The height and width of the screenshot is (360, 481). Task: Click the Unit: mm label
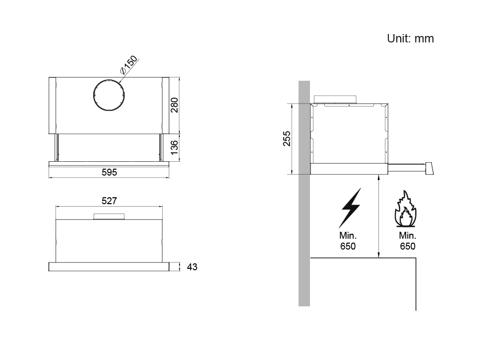(410, 38)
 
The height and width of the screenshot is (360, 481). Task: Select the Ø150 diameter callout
(129, 65)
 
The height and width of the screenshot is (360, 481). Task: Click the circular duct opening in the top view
(109, 95)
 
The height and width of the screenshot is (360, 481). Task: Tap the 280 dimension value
(174, 105)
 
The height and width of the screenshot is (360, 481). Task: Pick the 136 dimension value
(174, 147)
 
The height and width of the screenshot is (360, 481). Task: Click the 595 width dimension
(109, 172)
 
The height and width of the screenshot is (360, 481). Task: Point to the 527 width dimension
(109, 201)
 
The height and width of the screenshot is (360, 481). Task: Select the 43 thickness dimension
(192, 267)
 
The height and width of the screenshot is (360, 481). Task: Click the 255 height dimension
(286, 139)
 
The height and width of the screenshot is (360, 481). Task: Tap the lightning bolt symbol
(350, 208)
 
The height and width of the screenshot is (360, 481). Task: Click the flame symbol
(406, 209)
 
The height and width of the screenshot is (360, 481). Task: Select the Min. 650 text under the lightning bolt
(348, 241)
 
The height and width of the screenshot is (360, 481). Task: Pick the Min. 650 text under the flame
(408, 241)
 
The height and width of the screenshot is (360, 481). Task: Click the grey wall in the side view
(304, 193)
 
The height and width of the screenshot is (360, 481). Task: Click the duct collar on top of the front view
(109, 216)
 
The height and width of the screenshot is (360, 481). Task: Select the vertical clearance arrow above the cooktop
(379, 216)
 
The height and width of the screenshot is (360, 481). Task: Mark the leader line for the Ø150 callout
(129, 71)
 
